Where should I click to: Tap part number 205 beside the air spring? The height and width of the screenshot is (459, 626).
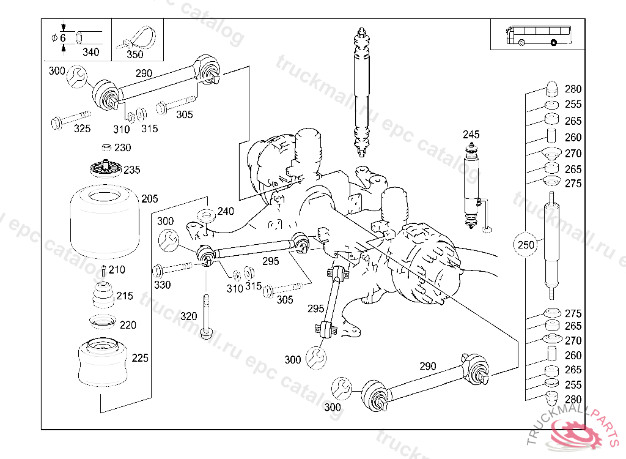point(149,198)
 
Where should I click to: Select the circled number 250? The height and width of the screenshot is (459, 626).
point(526,245)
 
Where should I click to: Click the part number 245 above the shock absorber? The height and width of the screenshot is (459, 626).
point(471,135)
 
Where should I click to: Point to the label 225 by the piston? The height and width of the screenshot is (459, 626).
point(140,358)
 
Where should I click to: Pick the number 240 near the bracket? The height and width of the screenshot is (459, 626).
point(226,212)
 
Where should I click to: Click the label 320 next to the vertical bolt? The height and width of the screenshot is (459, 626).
point(189,316)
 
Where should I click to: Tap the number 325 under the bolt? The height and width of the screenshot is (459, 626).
point(82,129)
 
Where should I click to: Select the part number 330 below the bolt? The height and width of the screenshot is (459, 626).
point(162,285)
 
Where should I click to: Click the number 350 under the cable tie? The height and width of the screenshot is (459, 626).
point(134,54)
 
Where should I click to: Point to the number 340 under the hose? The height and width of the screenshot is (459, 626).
point(90,52)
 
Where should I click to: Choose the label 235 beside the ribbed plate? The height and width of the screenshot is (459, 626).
point(132,170)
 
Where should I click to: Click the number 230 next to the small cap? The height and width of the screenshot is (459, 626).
point(122,147)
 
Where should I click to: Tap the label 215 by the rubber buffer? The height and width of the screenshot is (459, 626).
point(124,296)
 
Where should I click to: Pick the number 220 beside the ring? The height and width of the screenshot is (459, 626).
point(128,325)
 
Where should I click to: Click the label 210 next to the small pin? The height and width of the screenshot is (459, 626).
point(116,269)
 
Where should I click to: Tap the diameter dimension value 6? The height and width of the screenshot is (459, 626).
point(62,38)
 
